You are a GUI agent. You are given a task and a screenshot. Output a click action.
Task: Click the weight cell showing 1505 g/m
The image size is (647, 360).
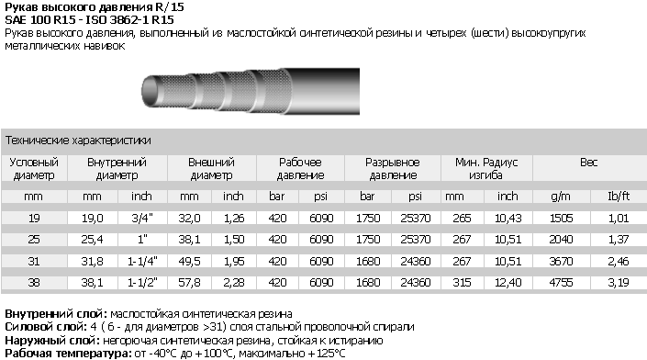(x=561, y=218)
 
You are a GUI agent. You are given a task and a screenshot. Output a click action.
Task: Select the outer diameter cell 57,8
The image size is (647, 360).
(x=189, y=282)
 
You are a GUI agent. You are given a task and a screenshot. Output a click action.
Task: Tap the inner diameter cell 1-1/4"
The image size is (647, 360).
(x=142, y=261)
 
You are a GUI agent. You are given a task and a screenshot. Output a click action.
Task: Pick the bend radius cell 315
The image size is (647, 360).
(x=462, y=282)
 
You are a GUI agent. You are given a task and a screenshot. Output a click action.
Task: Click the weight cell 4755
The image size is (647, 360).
(x=561, y=282)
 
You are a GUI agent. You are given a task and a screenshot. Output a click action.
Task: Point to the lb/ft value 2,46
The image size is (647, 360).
(x=619, y=261)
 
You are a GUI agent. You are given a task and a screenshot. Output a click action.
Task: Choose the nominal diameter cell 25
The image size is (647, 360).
(x=34, y=240)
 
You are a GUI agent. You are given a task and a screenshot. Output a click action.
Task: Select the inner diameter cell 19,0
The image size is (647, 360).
(x=92, y=218)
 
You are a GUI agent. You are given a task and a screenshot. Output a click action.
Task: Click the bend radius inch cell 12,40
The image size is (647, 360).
(x=508, y=282)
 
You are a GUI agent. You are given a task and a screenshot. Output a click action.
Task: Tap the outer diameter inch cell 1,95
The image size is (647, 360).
(x=234, y=261)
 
